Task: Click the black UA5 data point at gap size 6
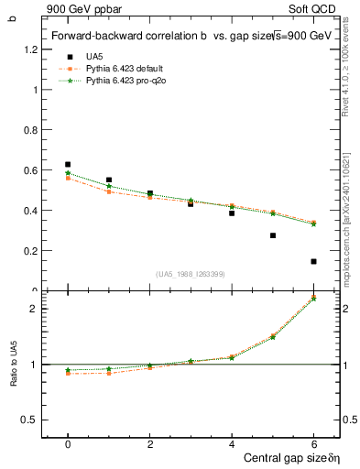click(x=313, y=261)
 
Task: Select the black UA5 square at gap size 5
click(x=273, y=235)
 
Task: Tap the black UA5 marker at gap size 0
click(x=68, y=164)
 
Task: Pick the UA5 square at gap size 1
click(x=109, y=180)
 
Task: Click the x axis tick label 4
click(x=232, y=442)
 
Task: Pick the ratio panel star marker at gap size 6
click(x=313, y=299)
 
